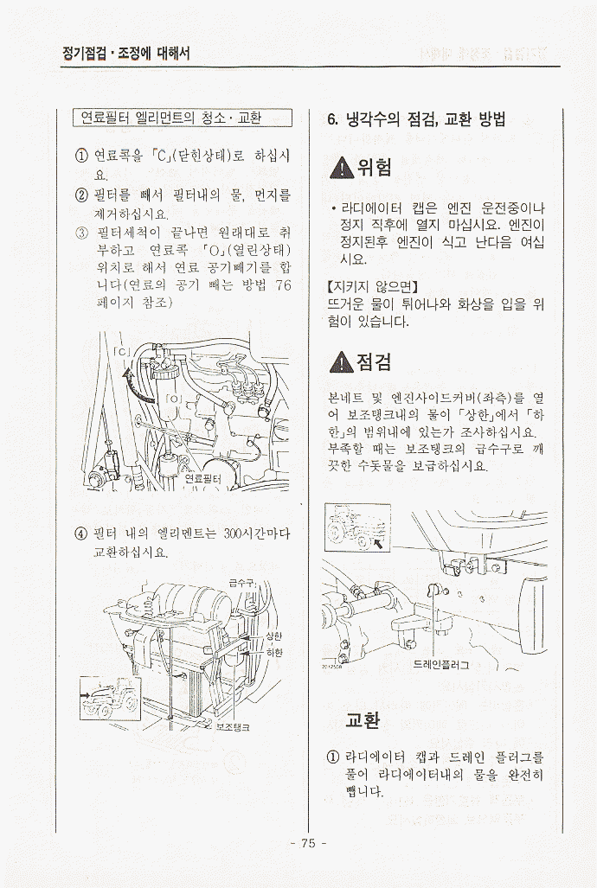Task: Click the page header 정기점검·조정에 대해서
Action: click(125, 54)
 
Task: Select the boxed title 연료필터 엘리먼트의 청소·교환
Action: click(183, 118)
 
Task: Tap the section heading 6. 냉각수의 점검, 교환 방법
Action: click(416, 119)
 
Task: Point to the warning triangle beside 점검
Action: click(342, 361)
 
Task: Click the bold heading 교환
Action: click(363, 720)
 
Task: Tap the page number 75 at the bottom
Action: click(307, 843)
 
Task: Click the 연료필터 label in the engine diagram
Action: click(203, 478)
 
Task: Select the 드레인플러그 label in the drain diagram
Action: click(440, 664)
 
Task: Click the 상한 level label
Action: click(273, 636)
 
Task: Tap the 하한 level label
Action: click(274, 653)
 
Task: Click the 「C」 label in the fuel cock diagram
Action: click(123, 352)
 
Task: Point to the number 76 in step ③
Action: click(282, 284)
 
